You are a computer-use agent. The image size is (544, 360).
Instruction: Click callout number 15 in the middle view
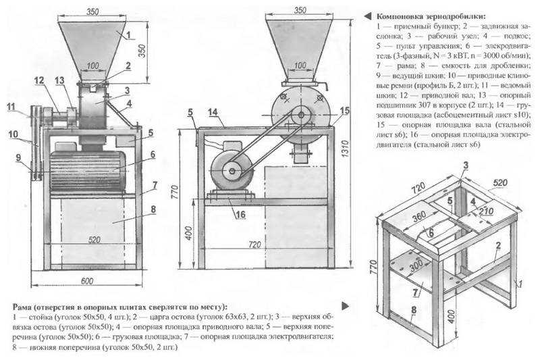(x=345, y=110)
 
